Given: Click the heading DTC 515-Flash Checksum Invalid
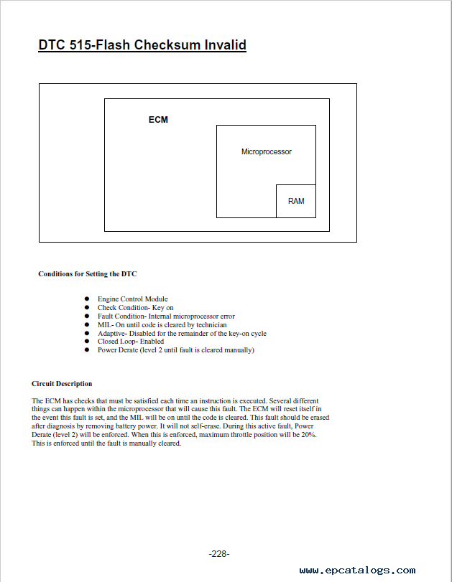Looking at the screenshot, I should [x=142, y=45].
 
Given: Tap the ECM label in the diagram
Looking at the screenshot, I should [x=158, y=119].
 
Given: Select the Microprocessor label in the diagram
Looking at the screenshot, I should [x=266, y=152].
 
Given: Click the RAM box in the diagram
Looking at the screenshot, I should [x=296, y=201].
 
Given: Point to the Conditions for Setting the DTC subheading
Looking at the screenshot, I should [x=87, y=273].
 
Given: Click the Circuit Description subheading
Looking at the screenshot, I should [x=62, y=383].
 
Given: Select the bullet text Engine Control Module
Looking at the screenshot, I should [x=132, y=299].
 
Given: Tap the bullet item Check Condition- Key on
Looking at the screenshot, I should [x=135, y=307].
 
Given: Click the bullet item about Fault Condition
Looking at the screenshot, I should [x=166, y=316].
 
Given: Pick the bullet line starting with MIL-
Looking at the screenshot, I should [x=162, y=324].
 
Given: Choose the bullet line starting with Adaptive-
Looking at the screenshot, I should [x=182, y=333].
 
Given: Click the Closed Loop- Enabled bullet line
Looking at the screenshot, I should [x=131, y=342].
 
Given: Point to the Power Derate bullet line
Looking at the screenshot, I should [x=175, y=350].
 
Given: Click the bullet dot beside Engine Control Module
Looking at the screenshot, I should [x=87, y=299].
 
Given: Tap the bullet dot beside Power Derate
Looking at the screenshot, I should [x=87, y=350].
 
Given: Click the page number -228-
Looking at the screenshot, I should [x=219, y=554].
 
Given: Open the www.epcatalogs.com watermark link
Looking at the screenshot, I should [x=357, y=571].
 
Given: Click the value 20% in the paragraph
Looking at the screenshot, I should [x=308, y=434].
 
